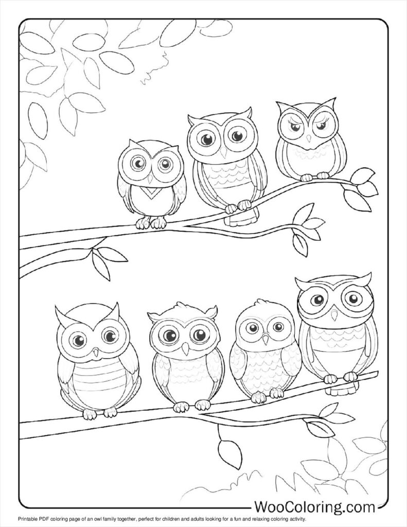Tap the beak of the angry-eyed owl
click(x=309, y=138)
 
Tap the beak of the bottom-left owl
click(x=96, y=353)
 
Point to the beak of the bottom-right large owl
click(x=334, y=315)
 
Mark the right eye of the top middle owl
click(x=237, y=135)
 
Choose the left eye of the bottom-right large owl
click(x=317, y=299)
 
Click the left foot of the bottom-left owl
click(x=90, y=414)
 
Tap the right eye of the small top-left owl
click(x=164, y=164)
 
